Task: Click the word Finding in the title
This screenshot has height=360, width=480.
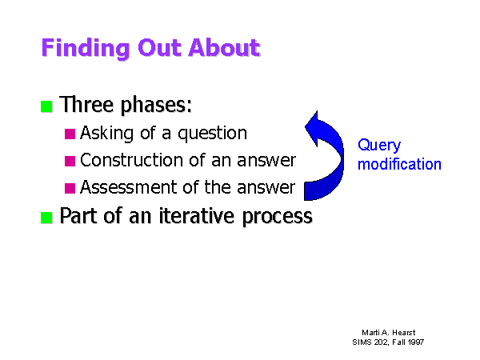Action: click(x=86, y=48)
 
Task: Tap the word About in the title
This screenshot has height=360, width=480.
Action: click(x=224, y=48)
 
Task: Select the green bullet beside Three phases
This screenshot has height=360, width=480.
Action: click(x=46, y=106)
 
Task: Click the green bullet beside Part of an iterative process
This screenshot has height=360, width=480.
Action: click(x=46, y=218)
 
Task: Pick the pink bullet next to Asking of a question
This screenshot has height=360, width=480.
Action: click(x=70, y=134)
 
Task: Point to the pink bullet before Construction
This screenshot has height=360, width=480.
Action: click(x=70, y=161)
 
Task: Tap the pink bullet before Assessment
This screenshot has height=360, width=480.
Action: click(x=70, y=188)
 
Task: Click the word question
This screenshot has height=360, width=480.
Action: click(x=213, y=134)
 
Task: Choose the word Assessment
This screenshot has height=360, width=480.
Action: click(x=130, y=187)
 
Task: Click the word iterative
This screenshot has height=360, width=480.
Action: click(x=197, y=216)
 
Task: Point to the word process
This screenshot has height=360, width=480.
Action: click(x=278, y=218)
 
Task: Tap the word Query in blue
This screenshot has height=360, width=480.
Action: click(x=379, y=146)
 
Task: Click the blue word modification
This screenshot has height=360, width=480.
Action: click(x=399, y=164)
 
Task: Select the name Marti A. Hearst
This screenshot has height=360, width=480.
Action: click(x=389, y=333)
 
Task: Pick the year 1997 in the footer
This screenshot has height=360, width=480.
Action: click(x=416, y=342)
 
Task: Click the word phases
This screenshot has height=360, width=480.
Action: click(x=156, y=106)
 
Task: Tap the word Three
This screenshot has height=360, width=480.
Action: click(x=86, y=104)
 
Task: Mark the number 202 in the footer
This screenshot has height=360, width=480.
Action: click(x=382, y=342)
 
